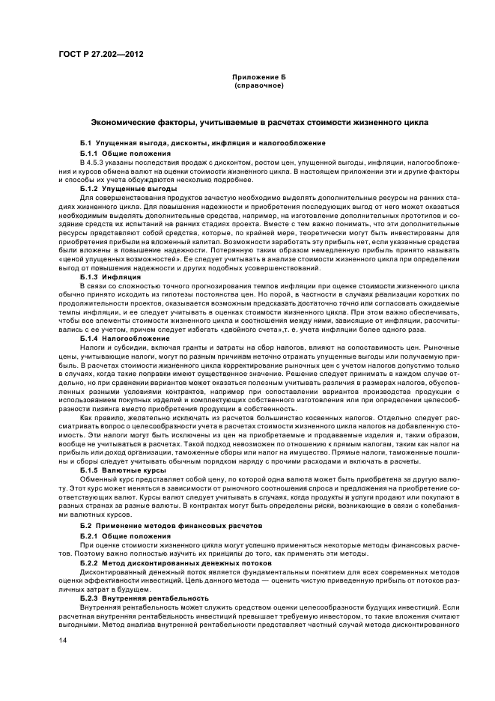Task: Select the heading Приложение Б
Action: pos(259,77)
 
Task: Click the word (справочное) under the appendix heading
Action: pos(259,85)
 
